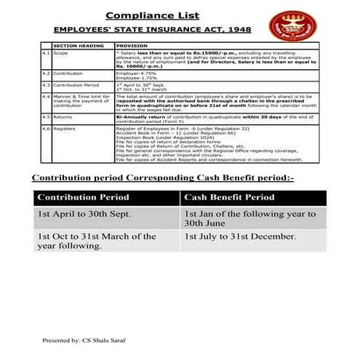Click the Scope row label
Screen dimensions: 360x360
[x=60, y=53]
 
